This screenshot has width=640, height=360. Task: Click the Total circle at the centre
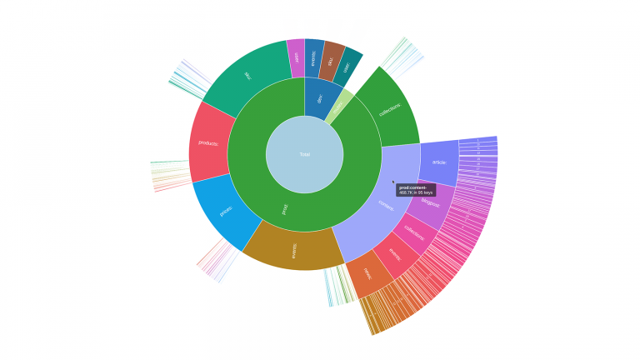coord(304,154)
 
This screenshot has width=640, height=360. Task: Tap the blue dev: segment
coord(320,98)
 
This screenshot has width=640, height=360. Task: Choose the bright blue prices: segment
coord(223,211)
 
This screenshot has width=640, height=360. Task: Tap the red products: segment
coord(209,142)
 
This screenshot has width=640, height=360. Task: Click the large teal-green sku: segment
coord(247,77)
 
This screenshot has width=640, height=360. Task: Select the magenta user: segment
coord(296,57)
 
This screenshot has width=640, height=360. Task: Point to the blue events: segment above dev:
coord(314,57)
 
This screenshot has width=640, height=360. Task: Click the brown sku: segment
coord(332,60)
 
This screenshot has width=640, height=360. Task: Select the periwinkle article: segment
coord(439,162)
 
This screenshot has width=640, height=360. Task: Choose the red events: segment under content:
coord(395,253)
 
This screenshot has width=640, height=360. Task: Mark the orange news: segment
coord(367,272)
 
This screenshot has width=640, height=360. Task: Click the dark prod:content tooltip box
coord(415,189)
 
